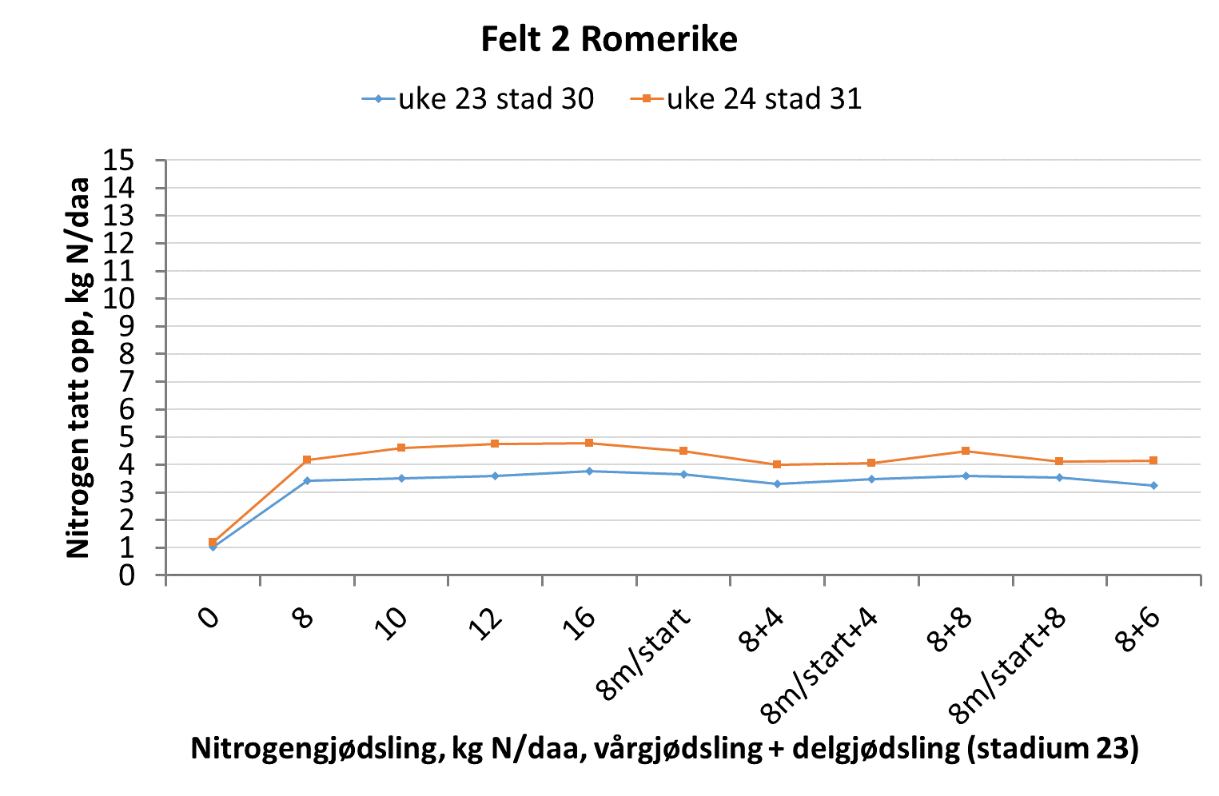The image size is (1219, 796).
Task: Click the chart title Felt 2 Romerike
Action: (x=608, y=39)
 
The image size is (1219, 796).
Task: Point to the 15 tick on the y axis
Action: (x=118, y=161)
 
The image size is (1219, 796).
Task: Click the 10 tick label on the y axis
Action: (x=118, y=299)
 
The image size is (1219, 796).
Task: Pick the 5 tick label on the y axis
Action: (x=126, y=437)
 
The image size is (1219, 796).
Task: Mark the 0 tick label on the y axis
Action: (x=126, y=575)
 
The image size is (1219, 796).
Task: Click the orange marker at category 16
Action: (x=589, y=443)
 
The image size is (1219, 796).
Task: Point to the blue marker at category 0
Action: (x=213, y=547)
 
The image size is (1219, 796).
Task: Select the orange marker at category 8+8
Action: (x=966, y=451)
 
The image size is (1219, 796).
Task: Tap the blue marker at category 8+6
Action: (x=1153, y=486)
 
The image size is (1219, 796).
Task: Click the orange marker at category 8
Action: (x=307, y=460)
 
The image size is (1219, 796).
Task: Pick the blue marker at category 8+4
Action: (x=777, y=484)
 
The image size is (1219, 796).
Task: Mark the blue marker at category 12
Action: (x=495, y=476)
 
